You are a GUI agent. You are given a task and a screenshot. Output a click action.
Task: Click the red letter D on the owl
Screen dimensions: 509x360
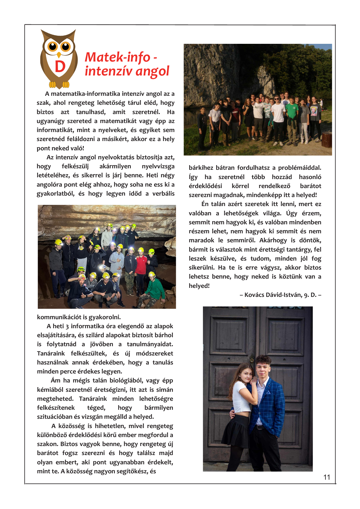click(x=60, y=67)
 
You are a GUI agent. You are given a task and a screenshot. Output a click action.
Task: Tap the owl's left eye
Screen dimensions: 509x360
click(x=53, y=46)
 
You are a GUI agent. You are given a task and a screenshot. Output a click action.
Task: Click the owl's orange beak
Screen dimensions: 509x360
click(x=59, y=55)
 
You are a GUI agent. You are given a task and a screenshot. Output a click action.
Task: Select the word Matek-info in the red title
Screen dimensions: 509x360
click(x=117, y=57)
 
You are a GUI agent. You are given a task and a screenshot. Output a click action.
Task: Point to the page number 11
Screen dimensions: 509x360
click(x=327, y=477)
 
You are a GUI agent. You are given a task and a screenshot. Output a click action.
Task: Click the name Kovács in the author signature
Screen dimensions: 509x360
click(x=255, y=295)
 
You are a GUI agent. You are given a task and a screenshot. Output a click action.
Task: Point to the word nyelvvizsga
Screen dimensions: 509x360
click(x=158, y=166)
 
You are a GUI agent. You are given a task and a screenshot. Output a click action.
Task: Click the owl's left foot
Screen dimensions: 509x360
click(x=53, y=85)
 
